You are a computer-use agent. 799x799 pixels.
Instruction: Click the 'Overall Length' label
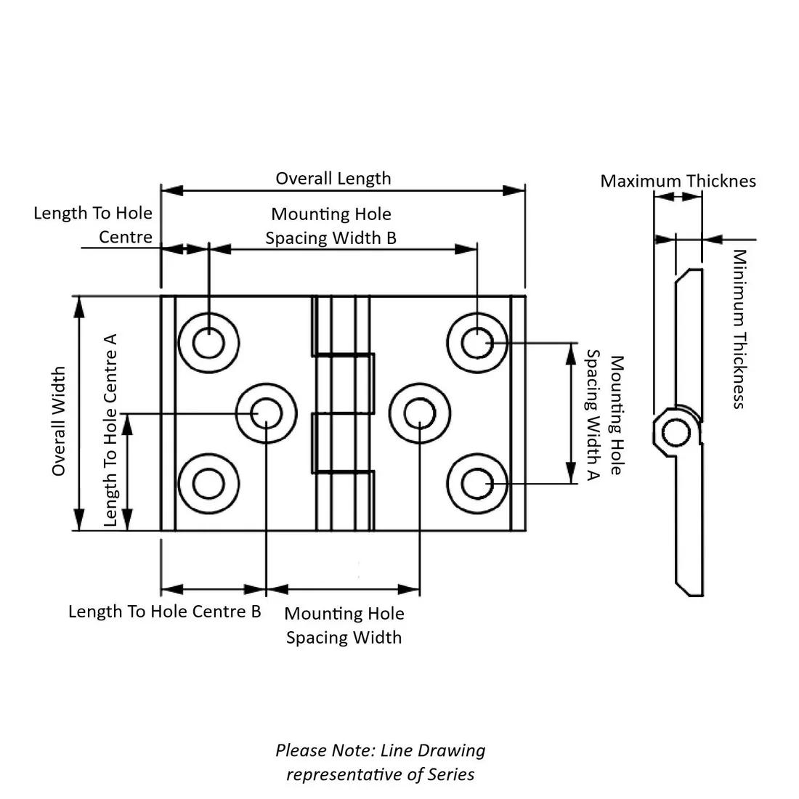point(333,178)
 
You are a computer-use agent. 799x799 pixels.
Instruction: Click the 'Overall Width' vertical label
point(59,421)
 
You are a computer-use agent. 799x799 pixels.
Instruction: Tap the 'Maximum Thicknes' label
point(678,181)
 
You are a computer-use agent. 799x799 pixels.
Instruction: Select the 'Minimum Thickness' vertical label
point(739,329)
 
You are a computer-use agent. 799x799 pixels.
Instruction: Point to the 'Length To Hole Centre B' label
point(164,611)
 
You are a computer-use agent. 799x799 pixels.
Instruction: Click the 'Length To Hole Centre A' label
point(110,429)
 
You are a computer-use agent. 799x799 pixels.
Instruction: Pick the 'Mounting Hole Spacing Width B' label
point(331,226)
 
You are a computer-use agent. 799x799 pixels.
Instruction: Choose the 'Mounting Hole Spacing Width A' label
point(604,415)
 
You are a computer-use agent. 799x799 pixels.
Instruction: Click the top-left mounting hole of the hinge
point(208,342)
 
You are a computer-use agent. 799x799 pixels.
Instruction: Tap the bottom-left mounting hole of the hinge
point(208,484)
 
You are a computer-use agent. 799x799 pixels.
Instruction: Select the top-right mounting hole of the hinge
point(476,342)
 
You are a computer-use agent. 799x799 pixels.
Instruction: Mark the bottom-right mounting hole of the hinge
point(476,484)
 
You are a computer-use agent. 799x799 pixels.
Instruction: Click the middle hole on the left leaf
point(267,413)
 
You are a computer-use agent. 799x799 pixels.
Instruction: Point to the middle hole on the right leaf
point(419,413)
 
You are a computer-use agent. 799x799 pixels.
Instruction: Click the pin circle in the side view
point(677,434)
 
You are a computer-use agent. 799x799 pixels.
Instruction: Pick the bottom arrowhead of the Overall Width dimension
point(78,521)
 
